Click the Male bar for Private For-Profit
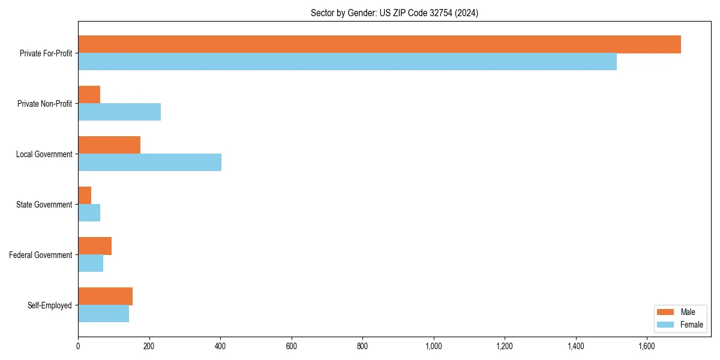click(x=379, y=44)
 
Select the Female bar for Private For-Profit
click(x=347, y=62)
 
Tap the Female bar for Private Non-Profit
click(x=119, y=112)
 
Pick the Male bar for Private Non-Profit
click(x=89, y=95)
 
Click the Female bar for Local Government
click(x=149, y=163)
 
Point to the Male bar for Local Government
click(x=109, y=145)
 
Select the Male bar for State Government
click(x=85, y=196)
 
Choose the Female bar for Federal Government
click(x=91, y=263)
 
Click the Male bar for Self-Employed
click(x=105, y=296)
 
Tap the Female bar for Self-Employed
click(x=103, y=314)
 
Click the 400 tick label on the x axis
click(x=220, y=346)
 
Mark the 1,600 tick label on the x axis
click(x=647, y=346)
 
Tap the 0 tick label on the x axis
click(x=78, y=346)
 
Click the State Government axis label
click(x=44, y=205)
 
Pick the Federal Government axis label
click(x=41, y=255)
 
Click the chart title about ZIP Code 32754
click(x=394, y=13)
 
